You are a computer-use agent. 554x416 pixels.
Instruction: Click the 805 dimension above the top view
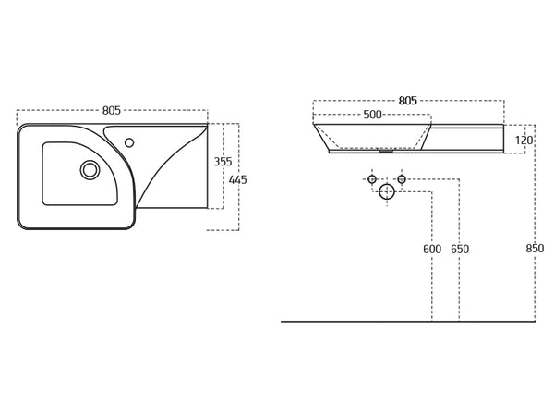tap(112, 110)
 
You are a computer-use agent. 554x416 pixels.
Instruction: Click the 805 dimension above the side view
tap(408, 101)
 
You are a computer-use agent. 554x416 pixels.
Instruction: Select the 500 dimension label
tap(373, 115)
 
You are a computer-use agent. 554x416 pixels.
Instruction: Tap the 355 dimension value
tap(223, 162)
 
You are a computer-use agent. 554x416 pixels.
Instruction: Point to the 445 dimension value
tap(238, 180)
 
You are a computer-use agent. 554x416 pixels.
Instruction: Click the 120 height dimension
tap(524, 141)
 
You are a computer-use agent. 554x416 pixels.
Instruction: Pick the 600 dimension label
tap(432, 250)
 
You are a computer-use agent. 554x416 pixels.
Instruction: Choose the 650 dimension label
tap(460, 250)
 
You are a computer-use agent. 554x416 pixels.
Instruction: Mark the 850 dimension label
tap(535, 249)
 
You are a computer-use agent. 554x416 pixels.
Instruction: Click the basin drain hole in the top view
tap(90, 170)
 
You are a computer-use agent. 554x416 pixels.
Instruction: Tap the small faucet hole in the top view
tap(129, 142)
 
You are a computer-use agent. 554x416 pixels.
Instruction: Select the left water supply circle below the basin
tap(372, 179)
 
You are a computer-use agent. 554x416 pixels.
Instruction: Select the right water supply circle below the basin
tap(402, 179)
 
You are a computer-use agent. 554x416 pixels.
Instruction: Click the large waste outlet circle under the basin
tap(387, 191)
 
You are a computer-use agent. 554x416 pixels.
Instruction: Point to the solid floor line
tap(408, 322)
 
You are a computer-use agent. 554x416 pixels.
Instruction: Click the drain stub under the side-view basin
tap(387, 151)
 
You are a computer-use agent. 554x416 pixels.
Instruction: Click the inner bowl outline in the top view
tap(79, 174)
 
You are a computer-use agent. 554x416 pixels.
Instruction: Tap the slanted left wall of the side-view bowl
tap(321, 137)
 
